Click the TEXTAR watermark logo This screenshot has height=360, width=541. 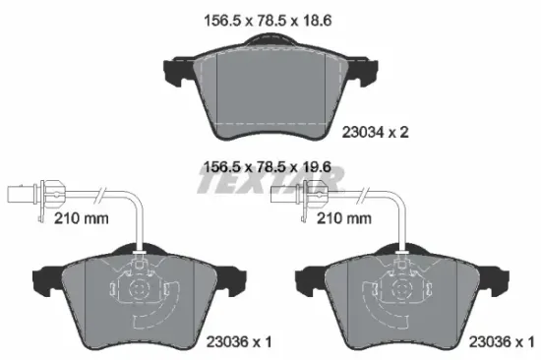point(270,182)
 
